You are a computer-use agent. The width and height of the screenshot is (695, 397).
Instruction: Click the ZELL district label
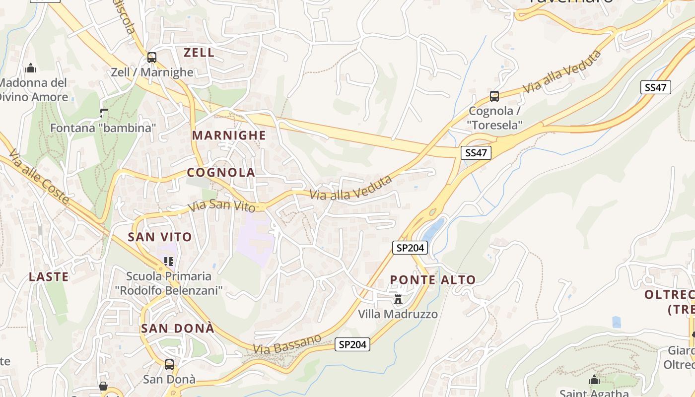[199, 53]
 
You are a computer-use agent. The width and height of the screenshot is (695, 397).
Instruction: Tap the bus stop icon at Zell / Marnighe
[152, 58]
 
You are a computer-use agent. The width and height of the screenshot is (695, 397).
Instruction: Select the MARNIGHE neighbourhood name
[229, 135]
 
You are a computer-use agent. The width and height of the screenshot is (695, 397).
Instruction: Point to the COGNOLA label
[221, 173]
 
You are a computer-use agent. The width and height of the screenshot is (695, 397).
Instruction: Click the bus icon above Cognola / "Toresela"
[494, 96]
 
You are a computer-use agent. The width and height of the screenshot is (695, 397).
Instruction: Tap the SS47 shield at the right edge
[655, 88]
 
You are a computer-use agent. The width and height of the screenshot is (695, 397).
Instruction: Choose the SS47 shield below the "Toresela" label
[476, 153]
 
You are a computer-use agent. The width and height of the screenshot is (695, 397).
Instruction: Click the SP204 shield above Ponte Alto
[410, 248]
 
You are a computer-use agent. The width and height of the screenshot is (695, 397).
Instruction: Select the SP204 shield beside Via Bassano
[352, 344]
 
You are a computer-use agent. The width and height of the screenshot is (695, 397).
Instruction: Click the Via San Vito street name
[221, 204]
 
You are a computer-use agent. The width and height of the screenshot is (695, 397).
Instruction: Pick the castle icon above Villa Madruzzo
[398, 299]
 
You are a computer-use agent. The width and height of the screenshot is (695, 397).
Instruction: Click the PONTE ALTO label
[432, 280]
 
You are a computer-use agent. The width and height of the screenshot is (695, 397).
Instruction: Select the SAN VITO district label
[160, 237]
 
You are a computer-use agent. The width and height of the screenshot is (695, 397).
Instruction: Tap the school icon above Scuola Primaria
[169, 261]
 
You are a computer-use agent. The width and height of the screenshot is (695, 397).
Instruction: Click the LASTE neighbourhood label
[49, 277]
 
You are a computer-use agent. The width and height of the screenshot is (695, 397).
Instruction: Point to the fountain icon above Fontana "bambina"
[103, 113]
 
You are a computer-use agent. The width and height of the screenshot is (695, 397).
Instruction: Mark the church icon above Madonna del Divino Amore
[31, 68]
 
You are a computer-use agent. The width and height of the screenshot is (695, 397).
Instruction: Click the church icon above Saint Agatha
[594, 381]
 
